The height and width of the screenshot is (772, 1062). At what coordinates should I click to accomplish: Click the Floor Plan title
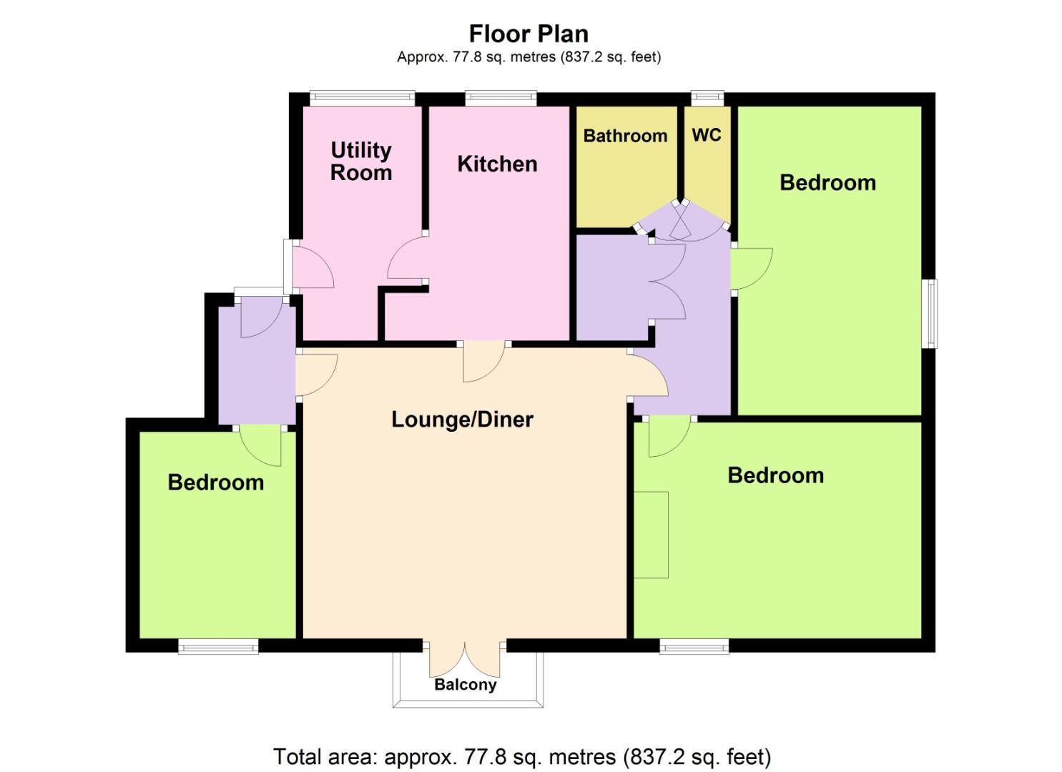(528, 34)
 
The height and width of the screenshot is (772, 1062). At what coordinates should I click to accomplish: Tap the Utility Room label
(361, 162)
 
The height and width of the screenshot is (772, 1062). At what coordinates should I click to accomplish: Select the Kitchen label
(497, 164)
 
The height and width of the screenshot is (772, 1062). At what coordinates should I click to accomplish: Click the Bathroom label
(625, 136)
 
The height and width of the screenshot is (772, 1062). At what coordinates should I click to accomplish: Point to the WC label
(707, 135)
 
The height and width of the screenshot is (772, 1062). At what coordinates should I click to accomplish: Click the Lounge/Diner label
(462, 420)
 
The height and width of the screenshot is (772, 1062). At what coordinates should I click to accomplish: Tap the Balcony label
(465, 685)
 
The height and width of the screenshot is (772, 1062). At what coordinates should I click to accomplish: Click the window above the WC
(707, 98)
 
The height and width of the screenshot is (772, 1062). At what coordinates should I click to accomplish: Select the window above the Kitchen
(501, 98)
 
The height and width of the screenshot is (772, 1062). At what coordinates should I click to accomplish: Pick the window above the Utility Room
(363, 98)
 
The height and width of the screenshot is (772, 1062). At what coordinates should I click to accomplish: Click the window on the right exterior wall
(930, 314)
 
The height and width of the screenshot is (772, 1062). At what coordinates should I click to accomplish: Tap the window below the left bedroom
(219, 646)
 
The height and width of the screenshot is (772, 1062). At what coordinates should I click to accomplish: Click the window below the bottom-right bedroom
(694, 646)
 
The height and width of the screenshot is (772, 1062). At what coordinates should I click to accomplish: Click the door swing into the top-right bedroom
(752, 269)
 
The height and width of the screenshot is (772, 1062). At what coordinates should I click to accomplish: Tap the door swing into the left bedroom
(261, 445)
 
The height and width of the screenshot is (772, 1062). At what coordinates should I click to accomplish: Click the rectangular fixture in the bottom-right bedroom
(651, 535)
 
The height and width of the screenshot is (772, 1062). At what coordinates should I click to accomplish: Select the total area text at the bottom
(522, 757)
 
